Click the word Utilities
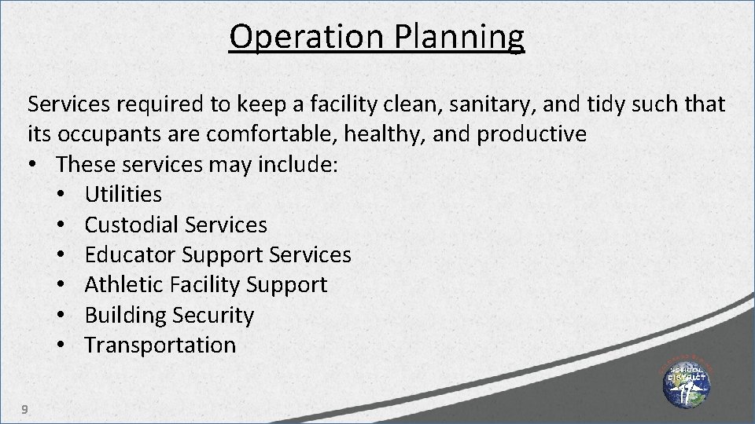click(123, 194)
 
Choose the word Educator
click(131, 254)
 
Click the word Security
click(215, 315)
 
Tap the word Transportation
click(160, 345)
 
